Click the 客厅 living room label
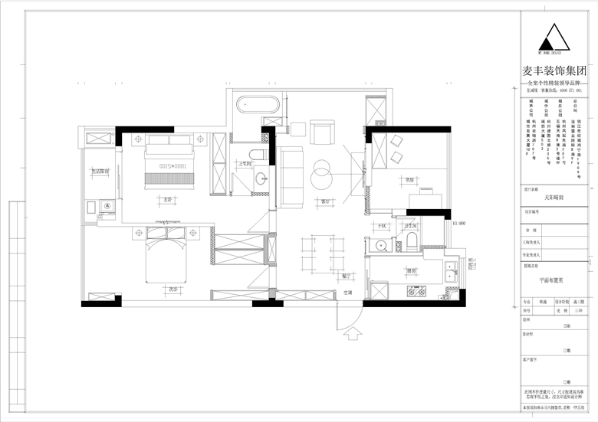[325, 202]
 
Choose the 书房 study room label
[410, 180]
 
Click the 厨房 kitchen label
[411, 271]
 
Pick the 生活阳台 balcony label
[101, 172]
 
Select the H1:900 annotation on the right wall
[459, 224]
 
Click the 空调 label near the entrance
[347, 293]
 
